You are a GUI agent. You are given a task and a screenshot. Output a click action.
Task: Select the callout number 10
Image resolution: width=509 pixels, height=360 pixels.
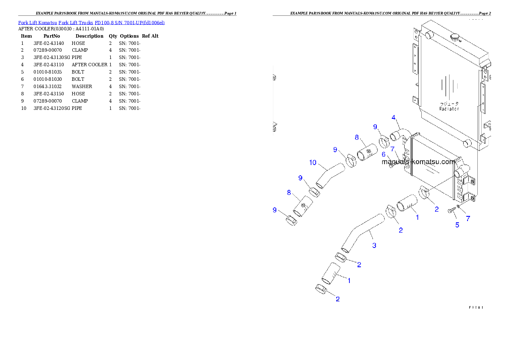pyautogui.click(x=313, y=162)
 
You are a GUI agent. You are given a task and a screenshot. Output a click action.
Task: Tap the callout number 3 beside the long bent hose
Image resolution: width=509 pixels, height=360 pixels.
pyautogui.click(x=374, y=245)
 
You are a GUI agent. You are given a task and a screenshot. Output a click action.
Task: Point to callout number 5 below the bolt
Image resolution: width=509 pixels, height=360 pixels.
pyautogui.click(x=457, y=225)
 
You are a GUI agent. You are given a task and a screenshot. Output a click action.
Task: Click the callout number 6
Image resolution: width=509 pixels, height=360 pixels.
pyautogui.click(x=384, y=154)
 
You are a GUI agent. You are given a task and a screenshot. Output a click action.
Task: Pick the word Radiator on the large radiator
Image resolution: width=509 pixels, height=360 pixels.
pyautogui.click(x=449, y=109)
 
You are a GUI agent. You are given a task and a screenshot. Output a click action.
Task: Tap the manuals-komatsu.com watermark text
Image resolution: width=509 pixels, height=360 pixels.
pyautogui.click(x=418, y=162)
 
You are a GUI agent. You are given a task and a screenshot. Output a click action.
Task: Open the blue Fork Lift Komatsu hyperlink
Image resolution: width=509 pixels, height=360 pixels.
pyautogui.click(x=91, y=22)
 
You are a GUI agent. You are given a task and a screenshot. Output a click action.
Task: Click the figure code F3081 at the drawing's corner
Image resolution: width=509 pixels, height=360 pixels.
pyautogui.click(x=476, y=307)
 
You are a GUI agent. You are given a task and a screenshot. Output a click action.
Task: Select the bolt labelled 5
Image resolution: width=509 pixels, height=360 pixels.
pyautogui.click(x=451, y=211)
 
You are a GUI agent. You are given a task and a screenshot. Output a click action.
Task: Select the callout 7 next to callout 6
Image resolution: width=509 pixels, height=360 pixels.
pyautogui.click(x=392, y=149)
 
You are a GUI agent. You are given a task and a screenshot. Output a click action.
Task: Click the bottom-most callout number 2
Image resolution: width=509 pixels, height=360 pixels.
pyautogui.click(x=337, y=299)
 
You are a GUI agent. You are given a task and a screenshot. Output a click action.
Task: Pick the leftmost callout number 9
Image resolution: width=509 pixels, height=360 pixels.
pyautogui.click(x=275, y=210)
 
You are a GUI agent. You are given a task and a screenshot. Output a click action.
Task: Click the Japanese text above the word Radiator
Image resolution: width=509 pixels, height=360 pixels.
pyautogui.click(x=449, y=103)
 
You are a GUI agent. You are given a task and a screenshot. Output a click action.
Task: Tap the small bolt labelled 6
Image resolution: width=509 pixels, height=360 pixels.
pyautogui.click(x=391, y=166)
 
